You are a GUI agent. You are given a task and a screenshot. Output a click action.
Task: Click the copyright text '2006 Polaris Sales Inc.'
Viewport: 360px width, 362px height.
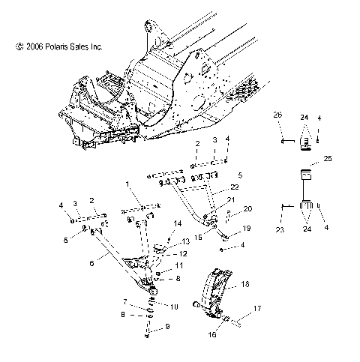coord(58,46)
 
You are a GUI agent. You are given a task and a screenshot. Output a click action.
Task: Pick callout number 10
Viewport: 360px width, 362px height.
coord(174,307)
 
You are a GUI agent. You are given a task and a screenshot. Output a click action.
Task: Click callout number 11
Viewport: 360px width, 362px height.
coord(178,265)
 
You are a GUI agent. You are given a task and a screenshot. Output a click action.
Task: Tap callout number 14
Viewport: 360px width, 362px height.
coord(178,223)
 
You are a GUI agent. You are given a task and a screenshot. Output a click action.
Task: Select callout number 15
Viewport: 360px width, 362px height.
coord(197,236)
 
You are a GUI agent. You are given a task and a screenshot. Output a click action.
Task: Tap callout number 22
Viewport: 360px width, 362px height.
coord(235,186)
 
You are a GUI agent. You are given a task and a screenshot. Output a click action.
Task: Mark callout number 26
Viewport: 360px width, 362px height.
coord(277,116)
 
